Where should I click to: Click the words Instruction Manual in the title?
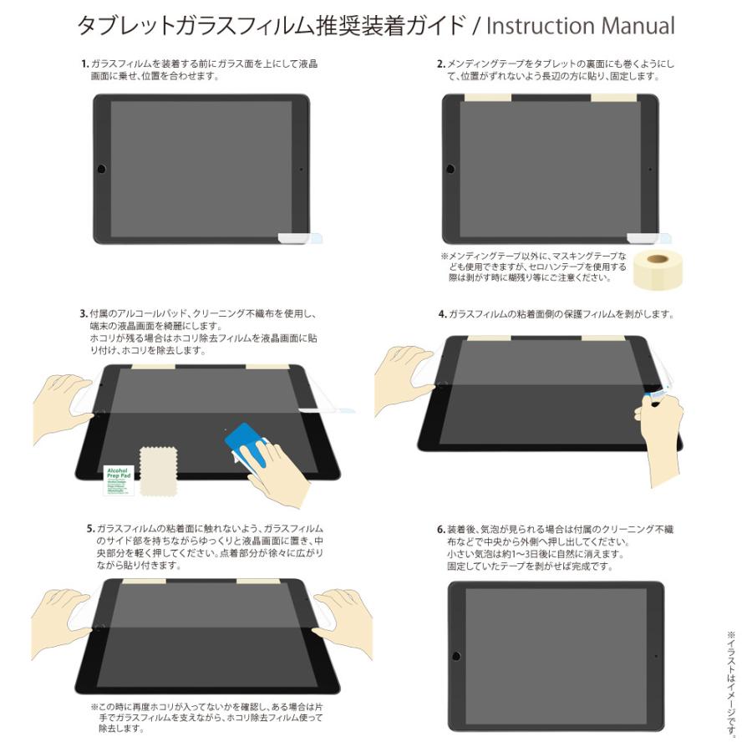[x=580, y=26]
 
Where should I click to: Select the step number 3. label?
[x=84, y=314]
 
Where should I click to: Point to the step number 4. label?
[x=442, y=314]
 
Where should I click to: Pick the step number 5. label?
[x=91, y=530]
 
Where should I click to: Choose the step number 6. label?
[x=440, y=530]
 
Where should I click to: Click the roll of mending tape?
[x=654, y=269]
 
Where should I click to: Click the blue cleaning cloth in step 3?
[x=244, y=440]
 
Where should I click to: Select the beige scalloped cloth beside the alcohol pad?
[x=158, y=470]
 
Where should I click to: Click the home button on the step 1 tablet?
[x=102, y=169]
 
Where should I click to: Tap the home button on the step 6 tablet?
[x=456, y=653]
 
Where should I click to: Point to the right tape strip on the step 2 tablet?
[x=615, y=98]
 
